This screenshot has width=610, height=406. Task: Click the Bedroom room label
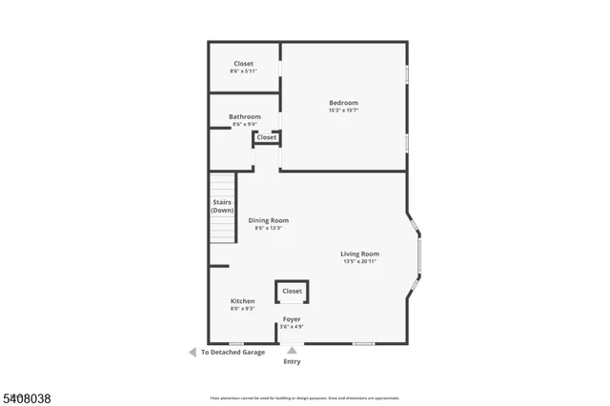coord(343,103)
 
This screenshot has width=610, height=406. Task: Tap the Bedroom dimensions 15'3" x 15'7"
coord(343,111)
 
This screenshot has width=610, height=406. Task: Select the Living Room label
coord(360,254)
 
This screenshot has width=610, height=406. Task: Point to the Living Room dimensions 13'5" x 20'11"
coord(360,261)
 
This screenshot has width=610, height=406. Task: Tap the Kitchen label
coord(242,301)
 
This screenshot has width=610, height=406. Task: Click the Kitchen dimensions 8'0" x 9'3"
coord(242,309)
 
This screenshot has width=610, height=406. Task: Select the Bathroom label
coord(244,116)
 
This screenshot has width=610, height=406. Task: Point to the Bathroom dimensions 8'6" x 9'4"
coord(244,124)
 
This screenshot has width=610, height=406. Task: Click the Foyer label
coord(292,319)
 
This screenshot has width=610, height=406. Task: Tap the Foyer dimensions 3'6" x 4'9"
coord(292,327)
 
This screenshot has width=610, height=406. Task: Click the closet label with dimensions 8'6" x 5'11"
coord(244,64)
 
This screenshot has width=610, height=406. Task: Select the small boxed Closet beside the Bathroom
coord(267,137)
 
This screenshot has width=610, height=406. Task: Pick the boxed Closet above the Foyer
coord(292,291)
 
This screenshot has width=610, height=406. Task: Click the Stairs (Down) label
coord(222,206)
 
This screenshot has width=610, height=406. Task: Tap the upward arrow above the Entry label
coord(292,351)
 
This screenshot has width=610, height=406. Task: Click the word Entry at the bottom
coord(292,362)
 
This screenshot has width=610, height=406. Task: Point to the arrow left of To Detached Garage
coord(192,352)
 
